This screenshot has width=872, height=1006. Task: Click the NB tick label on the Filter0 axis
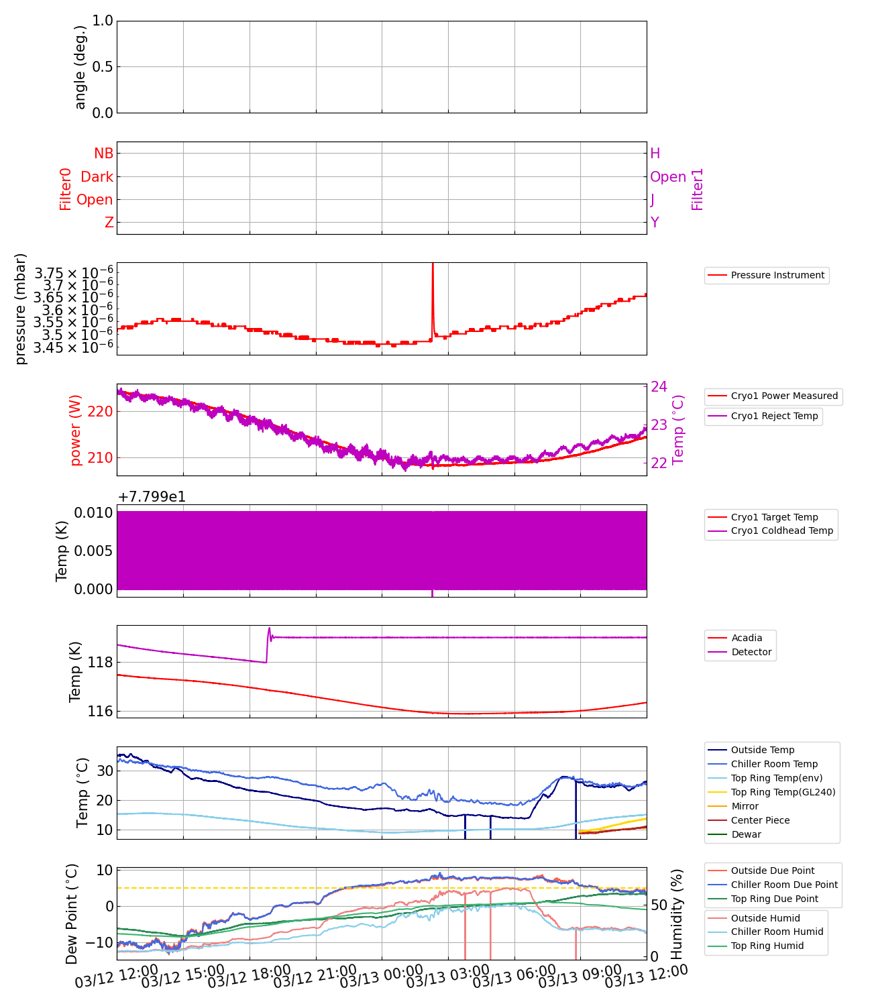(x=103, y=154)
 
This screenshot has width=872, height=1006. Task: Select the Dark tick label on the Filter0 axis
(x=97, y=177)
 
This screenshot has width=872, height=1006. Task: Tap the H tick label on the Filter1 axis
(x=655, y=154)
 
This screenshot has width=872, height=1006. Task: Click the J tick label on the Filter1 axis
(x=653, y=200)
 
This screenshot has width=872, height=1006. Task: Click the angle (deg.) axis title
(x=80, y=67)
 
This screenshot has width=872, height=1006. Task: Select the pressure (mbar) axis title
(x=21, y=309)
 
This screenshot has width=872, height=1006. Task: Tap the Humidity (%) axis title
(x=677, y=913)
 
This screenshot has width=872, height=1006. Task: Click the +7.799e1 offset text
(x=152, y=497)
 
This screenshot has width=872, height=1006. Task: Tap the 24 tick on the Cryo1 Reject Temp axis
(x=659, y=386)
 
